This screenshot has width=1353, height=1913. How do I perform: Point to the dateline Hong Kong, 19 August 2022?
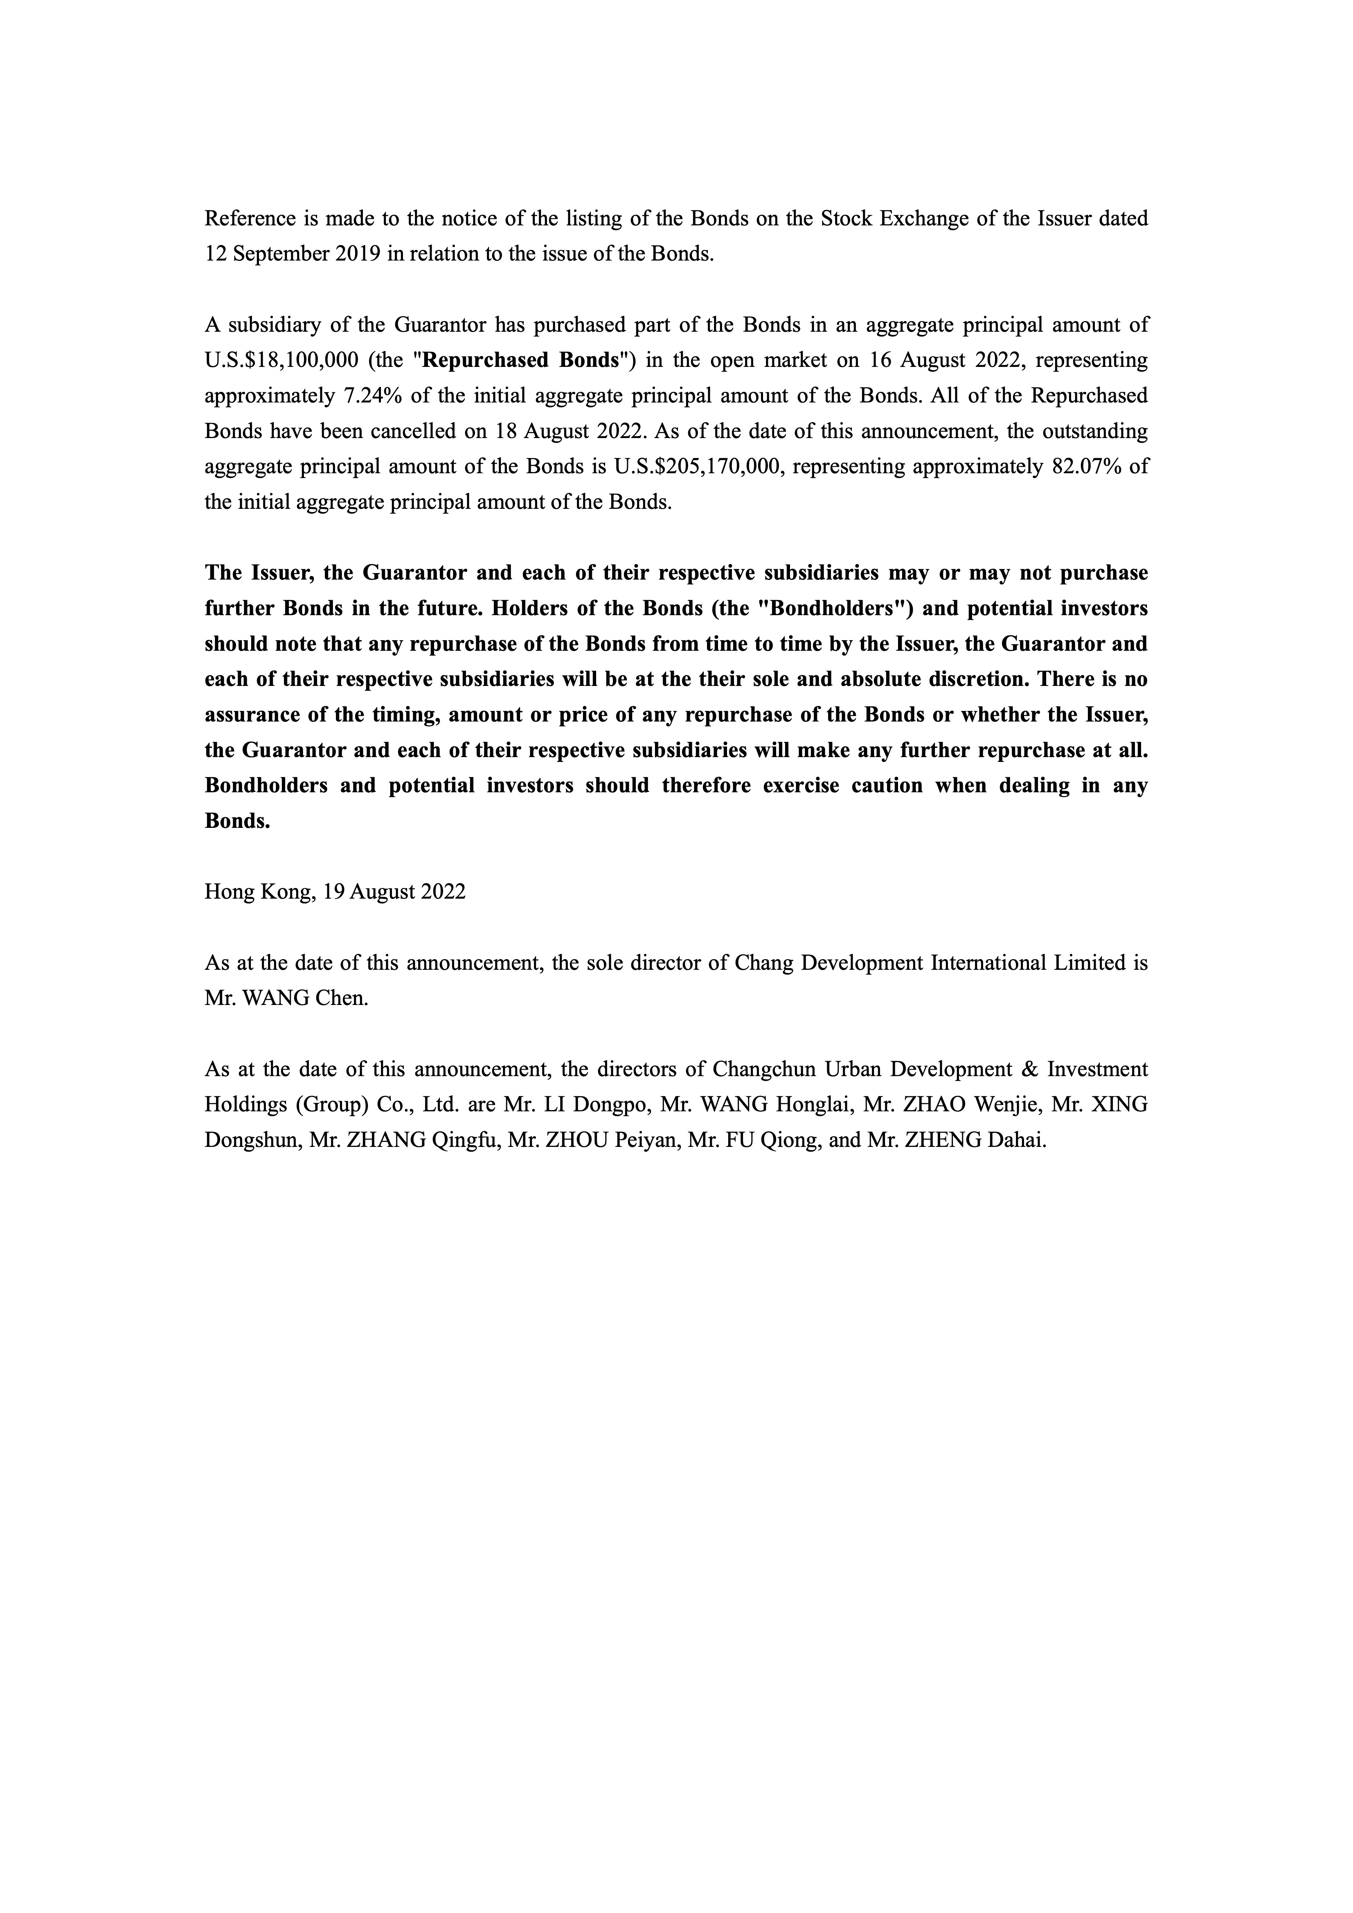click(x=335, y=892)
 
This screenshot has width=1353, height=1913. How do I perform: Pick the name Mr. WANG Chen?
click(x=286, y=998)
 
